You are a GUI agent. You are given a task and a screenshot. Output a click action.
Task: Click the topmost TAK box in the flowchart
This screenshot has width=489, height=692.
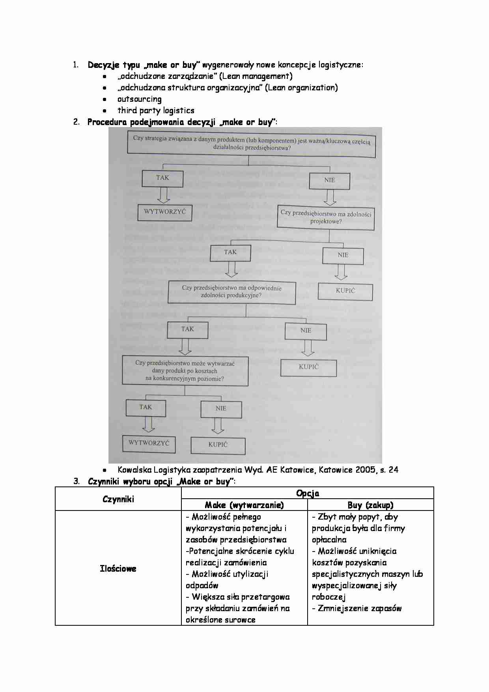(x=162, y=178)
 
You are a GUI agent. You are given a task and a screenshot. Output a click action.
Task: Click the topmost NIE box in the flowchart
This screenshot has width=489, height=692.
(x=329, y=180)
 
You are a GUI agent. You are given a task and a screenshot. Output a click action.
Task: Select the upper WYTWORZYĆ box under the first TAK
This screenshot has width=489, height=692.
(x=164, y=211)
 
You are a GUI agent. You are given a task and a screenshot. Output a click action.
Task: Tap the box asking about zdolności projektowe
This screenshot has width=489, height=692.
(x=326, y=217)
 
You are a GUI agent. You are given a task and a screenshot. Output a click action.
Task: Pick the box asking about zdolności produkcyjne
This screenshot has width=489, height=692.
(x=231, y=292)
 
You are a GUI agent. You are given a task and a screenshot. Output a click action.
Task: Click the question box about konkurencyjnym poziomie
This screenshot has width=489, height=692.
(x=185, y=371)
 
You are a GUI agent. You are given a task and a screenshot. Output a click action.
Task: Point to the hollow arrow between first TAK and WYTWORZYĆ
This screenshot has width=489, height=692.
(x=162, y=195)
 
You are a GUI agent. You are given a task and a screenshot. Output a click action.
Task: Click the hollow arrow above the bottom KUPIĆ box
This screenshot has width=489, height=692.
(x=218, y=426)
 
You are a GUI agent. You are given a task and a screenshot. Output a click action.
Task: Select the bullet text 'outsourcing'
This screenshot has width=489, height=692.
(x=139, y=99)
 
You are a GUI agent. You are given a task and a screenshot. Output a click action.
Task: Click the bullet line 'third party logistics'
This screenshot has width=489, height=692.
(x=156, y=111)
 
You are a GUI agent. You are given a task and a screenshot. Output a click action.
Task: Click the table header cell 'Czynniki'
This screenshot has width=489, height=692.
(x=118, y=499)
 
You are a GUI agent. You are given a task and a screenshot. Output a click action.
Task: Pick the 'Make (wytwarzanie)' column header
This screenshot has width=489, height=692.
(x=244, y=505)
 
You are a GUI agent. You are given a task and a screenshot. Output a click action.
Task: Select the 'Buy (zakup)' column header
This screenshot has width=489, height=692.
(x=370, y=505)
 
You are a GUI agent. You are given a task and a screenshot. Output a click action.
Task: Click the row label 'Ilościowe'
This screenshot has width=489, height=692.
(x=118, y=569)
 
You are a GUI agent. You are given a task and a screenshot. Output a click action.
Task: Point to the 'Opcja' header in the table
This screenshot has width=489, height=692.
(x=307, y=493)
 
